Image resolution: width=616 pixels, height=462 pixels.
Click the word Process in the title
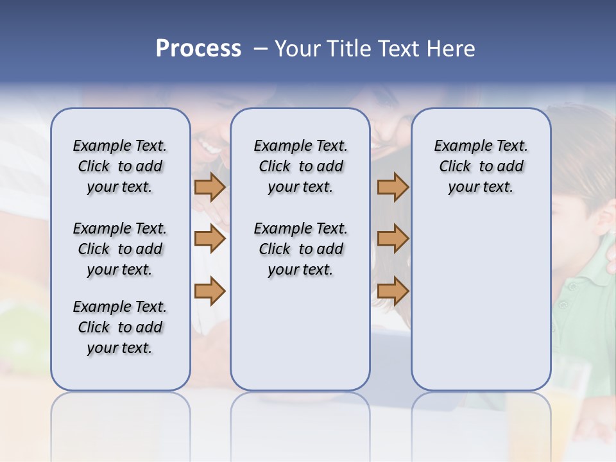tap(198, 49)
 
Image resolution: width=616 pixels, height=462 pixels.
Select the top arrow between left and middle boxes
tap(210, 187)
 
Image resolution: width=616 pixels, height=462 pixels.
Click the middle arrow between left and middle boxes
tap(210, 239)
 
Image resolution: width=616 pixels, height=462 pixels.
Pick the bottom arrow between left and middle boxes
tap(210, 291)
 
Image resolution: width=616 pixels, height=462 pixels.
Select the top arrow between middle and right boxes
tap(393, 187)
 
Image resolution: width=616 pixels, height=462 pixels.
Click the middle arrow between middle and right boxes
tap(393, 239)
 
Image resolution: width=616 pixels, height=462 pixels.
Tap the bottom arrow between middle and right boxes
tap(393, 291)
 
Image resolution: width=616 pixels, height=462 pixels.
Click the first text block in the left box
tap(120, 166)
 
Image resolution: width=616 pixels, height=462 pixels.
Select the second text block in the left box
tap(120, 249)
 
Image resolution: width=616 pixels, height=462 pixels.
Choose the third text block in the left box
tap(120, 327)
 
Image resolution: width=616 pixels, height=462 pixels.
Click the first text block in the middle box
tap(300, 166)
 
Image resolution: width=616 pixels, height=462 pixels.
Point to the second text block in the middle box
tap(300, 249)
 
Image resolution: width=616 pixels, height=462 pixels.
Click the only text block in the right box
tap(481, 166)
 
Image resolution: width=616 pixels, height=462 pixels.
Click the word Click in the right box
tap(455, 166)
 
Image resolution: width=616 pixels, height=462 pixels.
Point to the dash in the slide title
tap(261, 49)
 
